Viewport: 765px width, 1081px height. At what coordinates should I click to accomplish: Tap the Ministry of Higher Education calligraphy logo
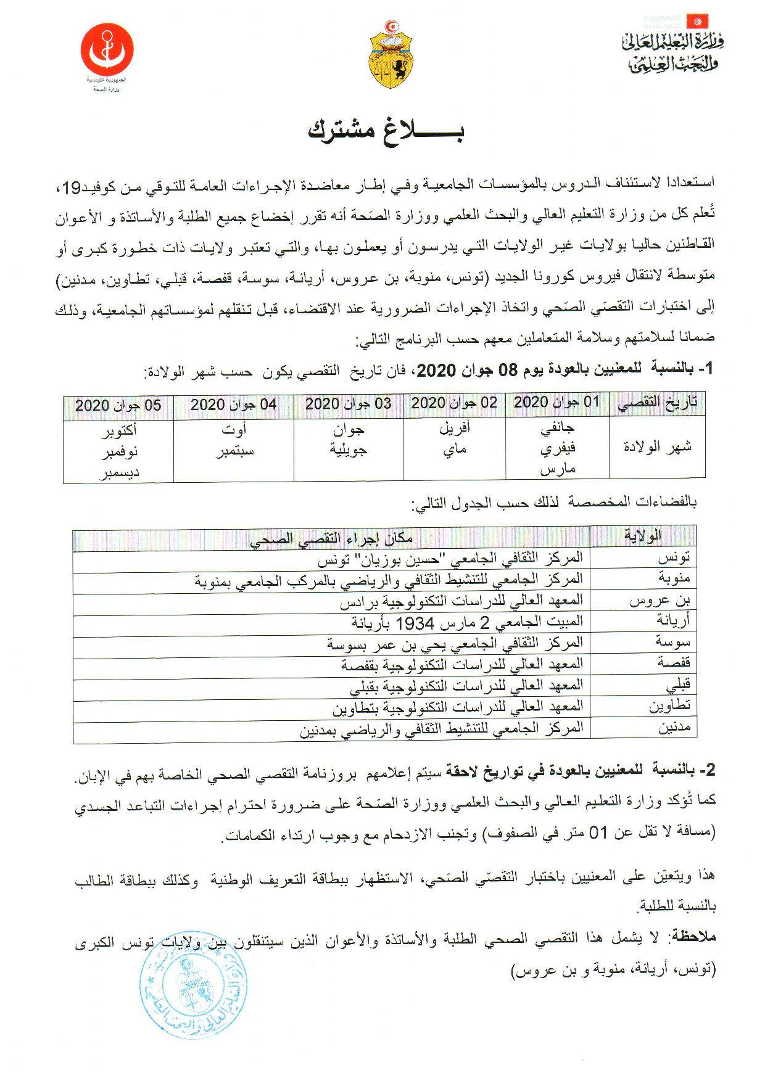(x=672, y=53)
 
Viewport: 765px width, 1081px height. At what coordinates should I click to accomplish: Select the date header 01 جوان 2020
(x=556, y=403)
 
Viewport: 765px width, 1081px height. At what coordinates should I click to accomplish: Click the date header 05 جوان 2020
(x=118, y=405)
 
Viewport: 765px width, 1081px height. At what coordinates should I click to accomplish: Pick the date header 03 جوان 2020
(x=348, y=404)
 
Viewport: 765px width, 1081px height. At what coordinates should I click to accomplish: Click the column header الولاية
(x=642, y=535)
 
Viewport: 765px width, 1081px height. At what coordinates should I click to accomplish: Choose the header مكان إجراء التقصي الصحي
(x=331, y=538)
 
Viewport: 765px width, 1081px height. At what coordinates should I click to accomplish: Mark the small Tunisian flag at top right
(x=698, y=20)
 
